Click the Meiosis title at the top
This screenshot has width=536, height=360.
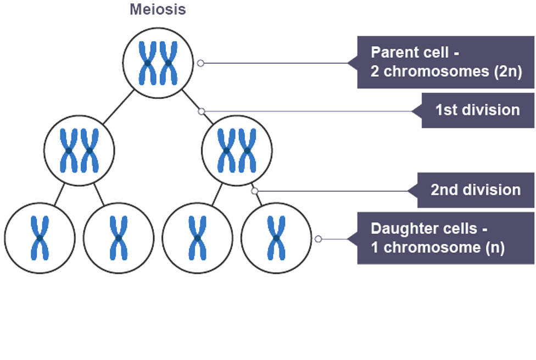(x=158, y=9)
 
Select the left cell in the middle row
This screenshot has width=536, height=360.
(x=79, y=150)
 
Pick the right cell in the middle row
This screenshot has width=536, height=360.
(x=237, y=150)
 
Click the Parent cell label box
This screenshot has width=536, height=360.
(x=446, y=62)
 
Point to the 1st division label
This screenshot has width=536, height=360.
(x=477, y=110)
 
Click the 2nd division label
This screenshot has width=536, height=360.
(x=475, y=190)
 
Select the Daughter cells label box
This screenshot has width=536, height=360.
(x=446, y=238)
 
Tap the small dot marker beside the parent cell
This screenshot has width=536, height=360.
(x=200, y=63)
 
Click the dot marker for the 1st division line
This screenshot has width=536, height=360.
(x=202, y=111)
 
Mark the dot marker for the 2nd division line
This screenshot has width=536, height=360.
(x=254, y=191)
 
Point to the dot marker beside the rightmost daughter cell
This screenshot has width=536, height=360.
(x=318, y=239)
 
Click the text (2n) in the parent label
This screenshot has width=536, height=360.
(x=507, y=71)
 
